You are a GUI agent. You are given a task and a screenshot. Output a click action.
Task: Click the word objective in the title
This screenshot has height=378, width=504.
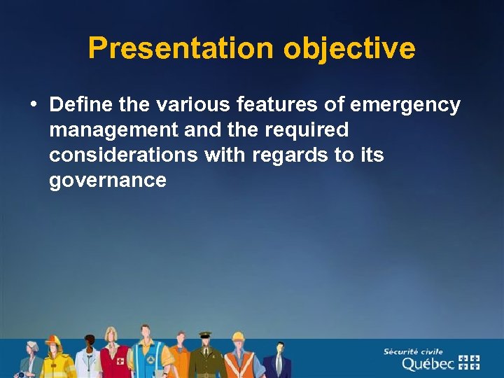click(349, 48)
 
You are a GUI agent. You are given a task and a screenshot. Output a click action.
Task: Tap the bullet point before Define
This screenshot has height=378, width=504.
click(34, 105)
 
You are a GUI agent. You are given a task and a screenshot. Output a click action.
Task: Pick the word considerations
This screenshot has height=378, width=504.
click(123, 155)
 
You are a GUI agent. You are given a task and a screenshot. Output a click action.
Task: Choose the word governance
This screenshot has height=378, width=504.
click(108, 181)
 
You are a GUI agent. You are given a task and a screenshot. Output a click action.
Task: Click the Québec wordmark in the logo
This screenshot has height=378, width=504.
click(428, 363)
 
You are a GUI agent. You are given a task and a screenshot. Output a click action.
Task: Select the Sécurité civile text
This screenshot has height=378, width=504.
click(413, 351)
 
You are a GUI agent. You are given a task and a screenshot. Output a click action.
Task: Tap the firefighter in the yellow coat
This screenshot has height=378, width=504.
click(55, 360)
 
